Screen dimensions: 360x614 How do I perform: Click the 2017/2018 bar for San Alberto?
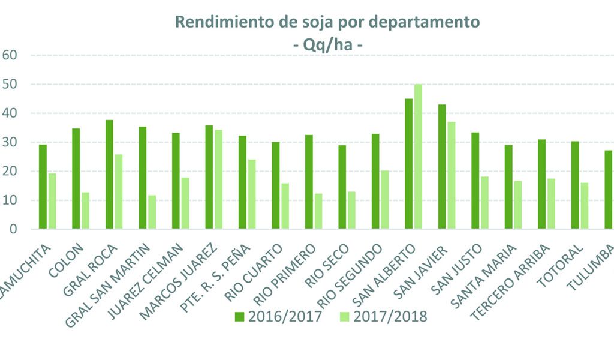tap(418, 157)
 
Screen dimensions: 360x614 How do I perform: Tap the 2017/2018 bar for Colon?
tap(85, 211)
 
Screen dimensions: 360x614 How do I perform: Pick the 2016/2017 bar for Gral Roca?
tap(109, 175)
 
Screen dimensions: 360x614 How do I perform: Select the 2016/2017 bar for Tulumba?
tap(609, 190)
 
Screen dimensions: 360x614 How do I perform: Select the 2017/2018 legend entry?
tap(384, 317)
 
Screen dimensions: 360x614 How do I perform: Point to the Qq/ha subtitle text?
tap(327, 45)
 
